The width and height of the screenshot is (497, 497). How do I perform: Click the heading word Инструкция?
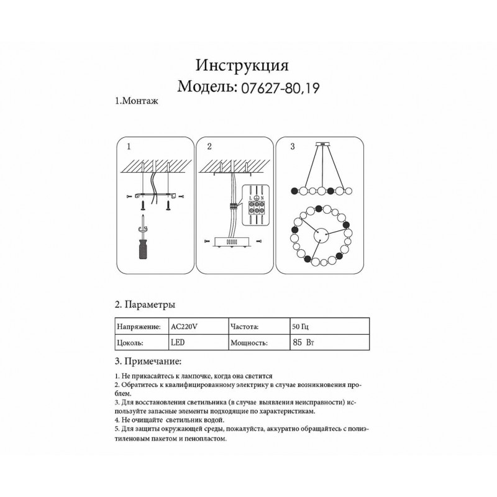click(242, 65)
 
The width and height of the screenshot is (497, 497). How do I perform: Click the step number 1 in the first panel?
click(128, 147)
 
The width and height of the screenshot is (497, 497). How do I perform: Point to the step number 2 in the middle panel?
click(209, 147)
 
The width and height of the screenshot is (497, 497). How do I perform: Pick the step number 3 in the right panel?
click(292, 147)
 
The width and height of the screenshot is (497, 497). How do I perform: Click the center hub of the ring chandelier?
click(321, 235)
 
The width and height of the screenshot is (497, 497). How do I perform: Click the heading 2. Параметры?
click(145, 305)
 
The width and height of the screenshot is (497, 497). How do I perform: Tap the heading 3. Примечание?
click(148, 362)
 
